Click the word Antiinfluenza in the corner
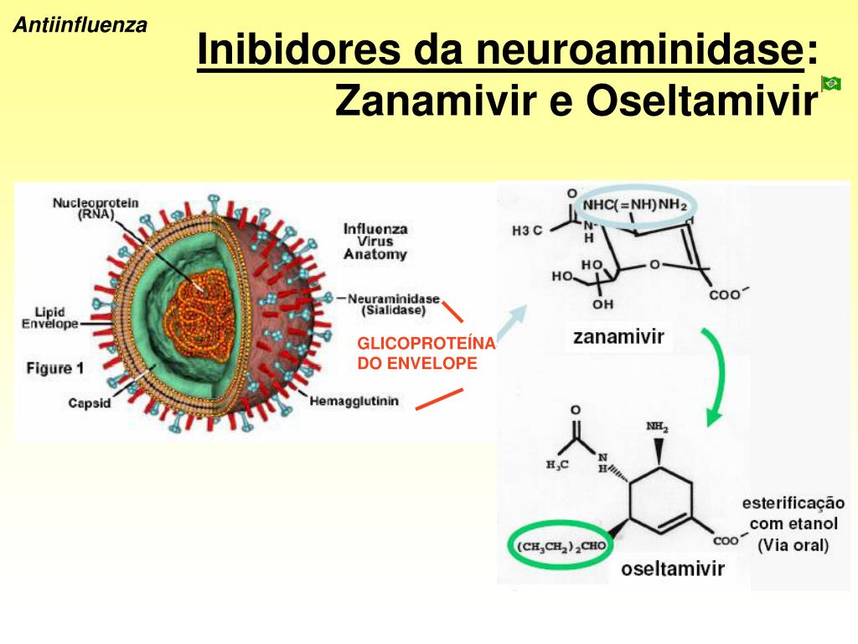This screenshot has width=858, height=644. pos(80,25)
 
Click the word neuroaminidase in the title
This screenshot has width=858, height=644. pos(637,51)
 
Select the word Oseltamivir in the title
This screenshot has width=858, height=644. pos(700,101)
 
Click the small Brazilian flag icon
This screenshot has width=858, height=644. pos(831,82)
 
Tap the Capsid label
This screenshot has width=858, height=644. pos(90,403)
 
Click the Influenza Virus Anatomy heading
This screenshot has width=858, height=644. pos(375,241)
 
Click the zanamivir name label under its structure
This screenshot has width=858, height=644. pos(618,337)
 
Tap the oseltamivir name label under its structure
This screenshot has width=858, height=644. pos(672,569)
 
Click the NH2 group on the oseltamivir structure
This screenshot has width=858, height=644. pos(657,428)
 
